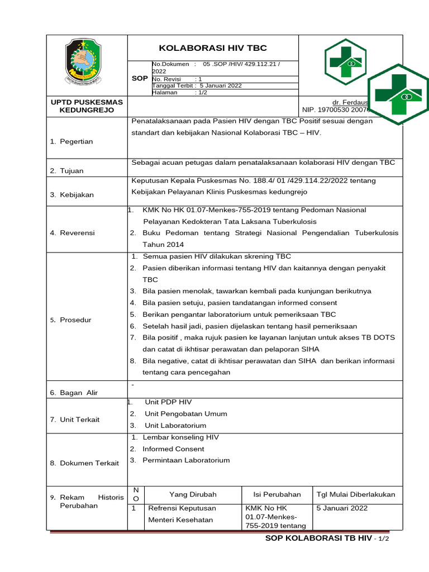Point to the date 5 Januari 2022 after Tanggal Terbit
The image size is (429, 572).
[221, 85]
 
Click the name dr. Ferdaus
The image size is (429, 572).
[350, 103]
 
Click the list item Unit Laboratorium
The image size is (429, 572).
[175, 426]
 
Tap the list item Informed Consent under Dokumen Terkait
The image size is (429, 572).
[173, 449]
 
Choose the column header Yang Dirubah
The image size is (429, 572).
[193, 494]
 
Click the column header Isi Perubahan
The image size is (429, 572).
[277, 494]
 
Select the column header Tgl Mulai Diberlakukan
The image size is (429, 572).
[356, 494]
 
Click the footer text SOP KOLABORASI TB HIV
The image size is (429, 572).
[318, 538]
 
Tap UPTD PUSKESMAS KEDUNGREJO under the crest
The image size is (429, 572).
[87, 106]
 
